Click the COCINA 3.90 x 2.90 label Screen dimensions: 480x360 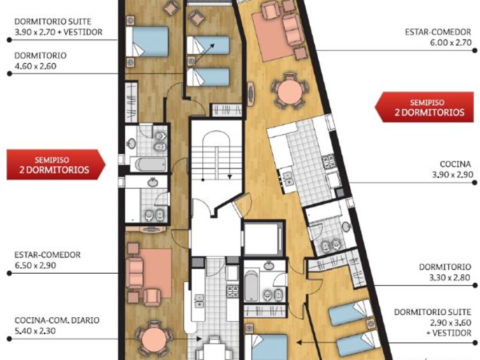(453, 169)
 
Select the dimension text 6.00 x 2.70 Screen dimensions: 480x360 (451, 42)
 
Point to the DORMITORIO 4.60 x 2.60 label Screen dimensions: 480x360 (41, 61)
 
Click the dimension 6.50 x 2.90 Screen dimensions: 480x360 (35, 265)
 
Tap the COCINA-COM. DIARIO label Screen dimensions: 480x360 (57, 320)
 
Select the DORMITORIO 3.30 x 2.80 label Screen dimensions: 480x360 (445, 272)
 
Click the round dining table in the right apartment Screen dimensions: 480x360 (290, 91)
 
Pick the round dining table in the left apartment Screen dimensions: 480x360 (154, 338)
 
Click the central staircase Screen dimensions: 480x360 (216, 156)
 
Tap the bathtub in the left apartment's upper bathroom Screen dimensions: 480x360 (148, 165)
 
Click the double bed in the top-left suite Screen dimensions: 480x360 (147, 42)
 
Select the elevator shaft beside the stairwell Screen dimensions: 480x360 (263, 238)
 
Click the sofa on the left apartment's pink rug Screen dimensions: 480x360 (134, 272)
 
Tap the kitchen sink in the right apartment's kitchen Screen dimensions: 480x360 (288, 178)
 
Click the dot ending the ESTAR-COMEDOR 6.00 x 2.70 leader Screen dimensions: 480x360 (474, 50)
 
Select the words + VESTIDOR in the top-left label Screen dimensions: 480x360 (83, 32)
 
